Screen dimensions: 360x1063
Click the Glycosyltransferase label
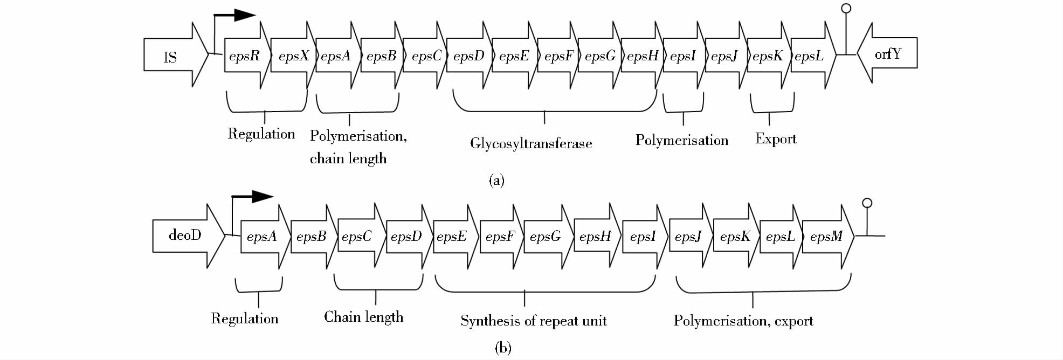[530, 143]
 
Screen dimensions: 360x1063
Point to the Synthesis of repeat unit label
[533, 321]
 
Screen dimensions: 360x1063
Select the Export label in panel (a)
[775, 139]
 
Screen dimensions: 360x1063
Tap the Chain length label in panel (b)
[363, 317]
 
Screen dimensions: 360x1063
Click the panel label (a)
[496, 180]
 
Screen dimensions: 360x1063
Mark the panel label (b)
[502, 348]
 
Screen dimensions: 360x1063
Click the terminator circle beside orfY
[846, 9]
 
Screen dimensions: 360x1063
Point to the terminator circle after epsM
[867, 203]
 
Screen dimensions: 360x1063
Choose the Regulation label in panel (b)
[244, 319]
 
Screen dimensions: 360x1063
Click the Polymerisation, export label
[743, 321]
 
